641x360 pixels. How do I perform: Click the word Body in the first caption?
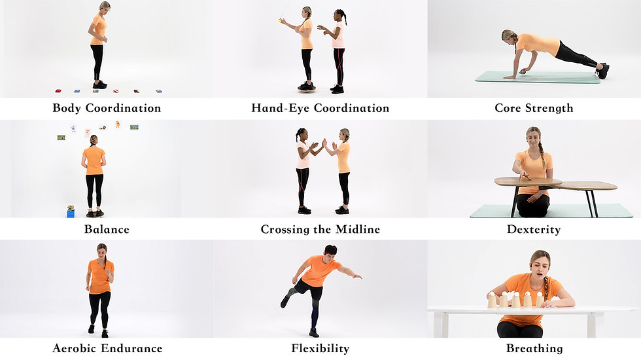[x=67, y=108]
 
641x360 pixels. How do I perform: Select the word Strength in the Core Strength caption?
[x=549, y=108]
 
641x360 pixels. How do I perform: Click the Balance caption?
[x=107, y=229]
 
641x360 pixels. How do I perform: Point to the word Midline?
[x=358, y=229]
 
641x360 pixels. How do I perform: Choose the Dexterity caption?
[x=534, y=230]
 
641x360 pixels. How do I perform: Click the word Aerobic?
[x=75, y=348]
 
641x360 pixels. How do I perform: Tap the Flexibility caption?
[x=320, y=348]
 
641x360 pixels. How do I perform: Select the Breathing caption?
[x=535, y=348]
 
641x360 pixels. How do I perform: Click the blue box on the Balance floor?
[x=71, y=213]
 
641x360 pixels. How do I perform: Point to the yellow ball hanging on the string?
[x=280, y=20]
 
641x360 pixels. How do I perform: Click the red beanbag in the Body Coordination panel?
[x=58, y=91]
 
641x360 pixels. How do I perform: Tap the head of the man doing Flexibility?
[x=330, y=251]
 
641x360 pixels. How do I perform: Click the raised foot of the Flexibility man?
[x=285, y=302]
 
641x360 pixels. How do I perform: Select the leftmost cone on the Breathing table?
[x=492, y=300]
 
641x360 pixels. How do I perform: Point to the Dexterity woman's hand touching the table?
[x=524, y=176]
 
